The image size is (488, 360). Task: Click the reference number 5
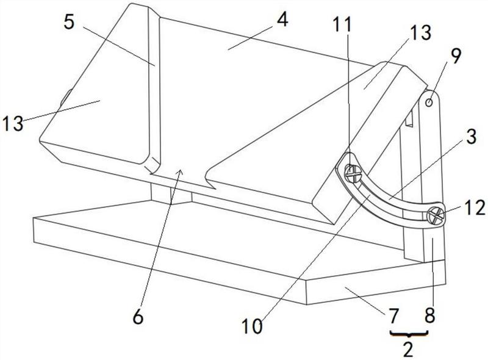tap(69, 23)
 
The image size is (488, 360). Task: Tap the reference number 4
tap(282, 20)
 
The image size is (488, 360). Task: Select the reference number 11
tap(342, 24)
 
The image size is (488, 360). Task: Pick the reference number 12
tap(475, 208)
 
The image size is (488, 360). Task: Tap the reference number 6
tap(138, 318)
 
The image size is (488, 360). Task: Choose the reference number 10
tap(252, 326)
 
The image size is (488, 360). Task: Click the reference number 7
tap(393, 316)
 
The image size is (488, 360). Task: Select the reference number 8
tap(429, 316)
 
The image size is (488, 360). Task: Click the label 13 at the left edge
tap(13, 123)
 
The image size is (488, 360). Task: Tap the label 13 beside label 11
tap(421, 33)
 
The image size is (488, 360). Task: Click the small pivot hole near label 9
tap(429, 102)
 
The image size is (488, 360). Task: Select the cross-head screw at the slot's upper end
tap(353, 173)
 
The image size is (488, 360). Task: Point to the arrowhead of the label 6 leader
tap(180, 171)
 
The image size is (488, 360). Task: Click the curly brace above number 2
tap(409, 334)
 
